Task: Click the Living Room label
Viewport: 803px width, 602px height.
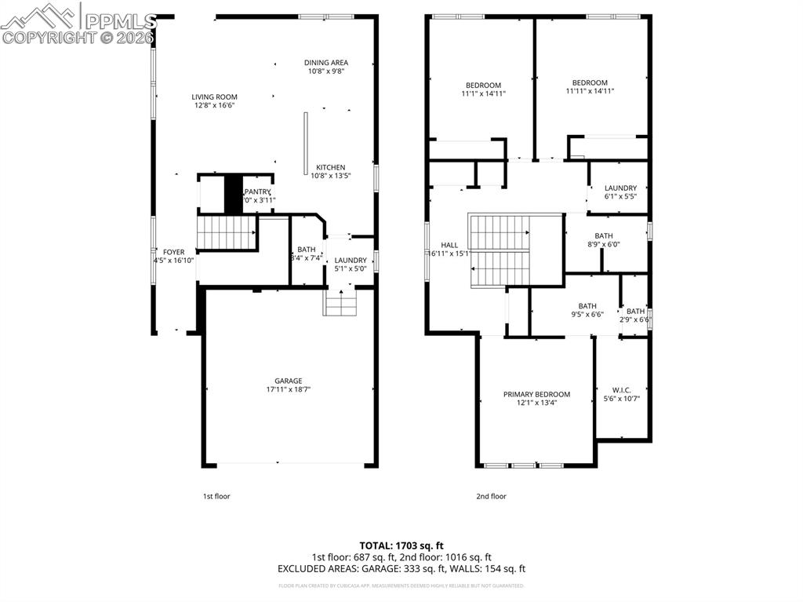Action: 214,97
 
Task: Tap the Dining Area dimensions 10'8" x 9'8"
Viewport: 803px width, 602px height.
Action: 325,71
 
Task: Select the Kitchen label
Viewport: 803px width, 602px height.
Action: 330,167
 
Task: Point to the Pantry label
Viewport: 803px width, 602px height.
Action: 258,192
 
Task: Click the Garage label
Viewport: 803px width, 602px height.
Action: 288,381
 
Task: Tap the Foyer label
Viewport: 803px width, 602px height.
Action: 173,252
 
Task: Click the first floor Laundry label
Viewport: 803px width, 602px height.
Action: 350,261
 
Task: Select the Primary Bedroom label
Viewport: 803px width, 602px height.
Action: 536,394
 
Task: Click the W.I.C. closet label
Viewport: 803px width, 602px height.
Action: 621,390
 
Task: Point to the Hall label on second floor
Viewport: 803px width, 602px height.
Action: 449,245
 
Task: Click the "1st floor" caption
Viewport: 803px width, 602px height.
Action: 216,496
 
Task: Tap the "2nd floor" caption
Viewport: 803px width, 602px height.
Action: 491,496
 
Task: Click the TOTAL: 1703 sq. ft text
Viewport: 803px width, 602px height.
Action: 401,545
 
